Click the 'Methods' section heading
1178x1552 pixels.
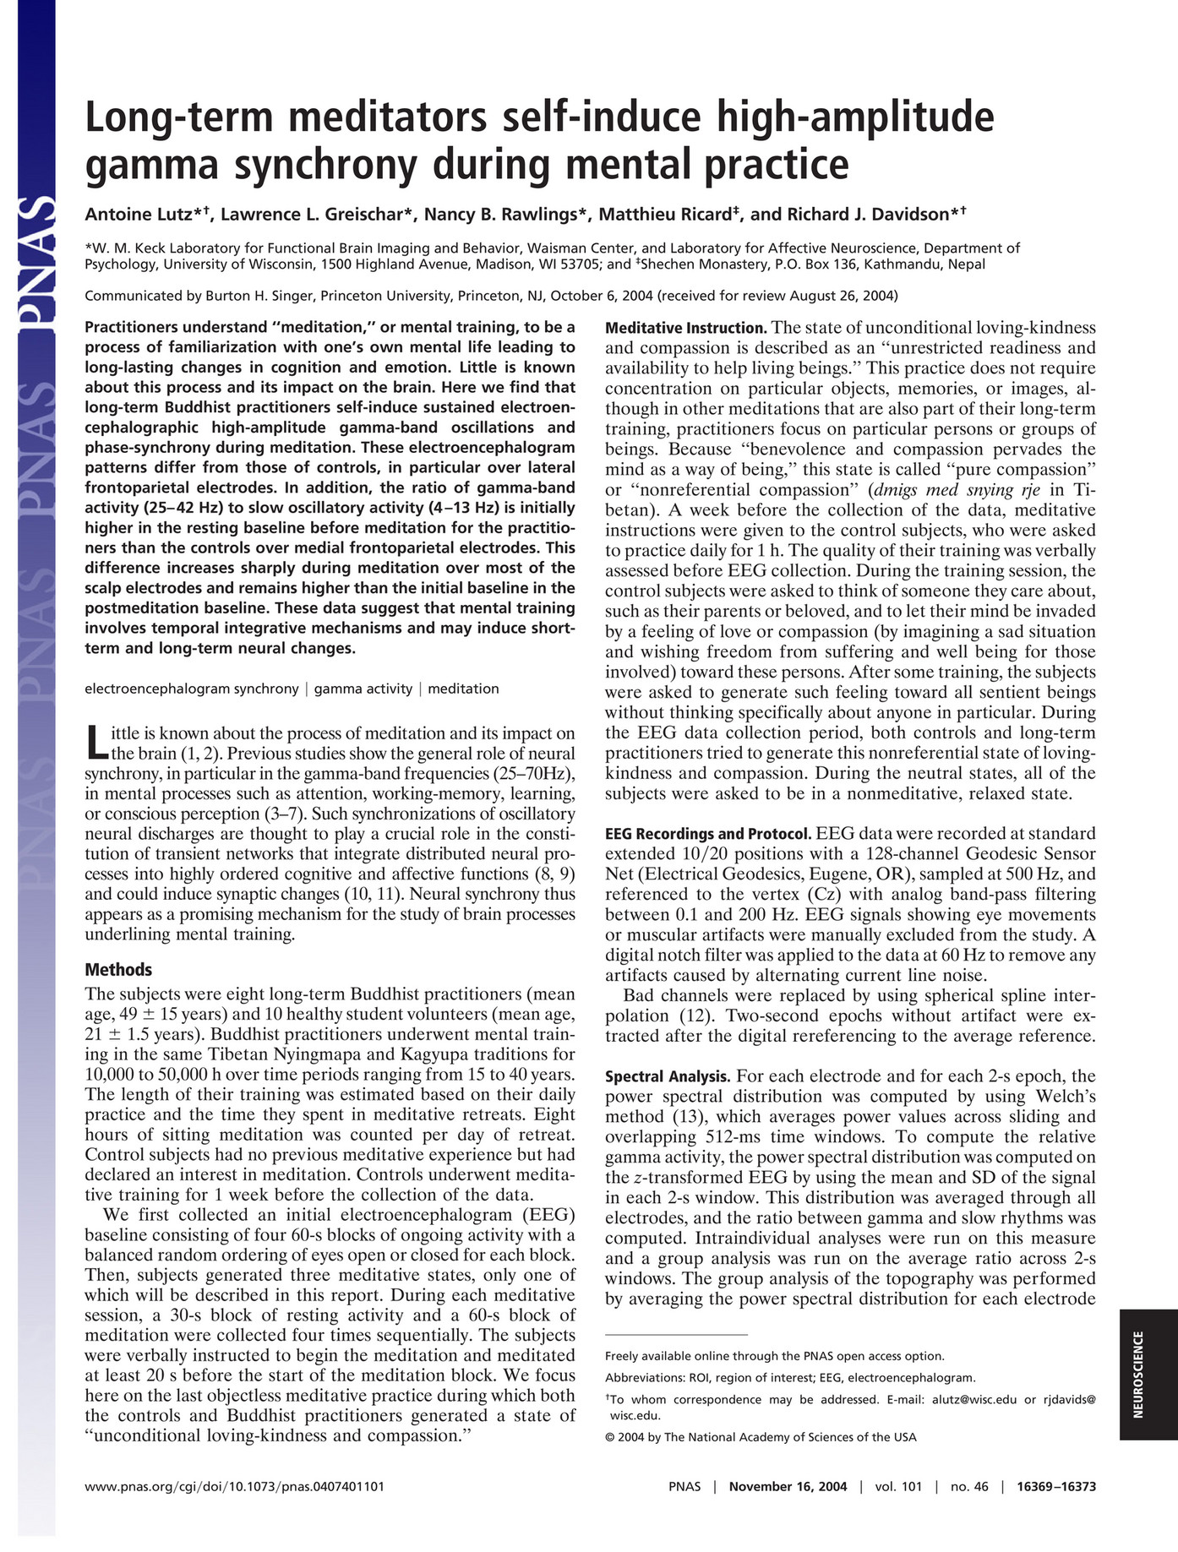118,970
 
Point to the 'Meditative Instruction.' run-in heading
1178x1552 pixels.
685,328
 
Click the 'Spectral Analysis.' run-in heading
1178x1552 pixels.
668,1076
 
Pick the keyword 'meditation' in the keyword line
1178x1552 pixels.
463,689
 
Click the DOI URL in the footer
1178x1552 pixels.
235,1486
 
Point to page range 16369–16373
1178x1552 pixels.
1056,1486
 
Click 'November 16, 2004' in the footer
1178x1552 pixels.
788,1486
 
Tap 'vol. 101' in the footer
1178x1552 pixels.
898,1486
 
